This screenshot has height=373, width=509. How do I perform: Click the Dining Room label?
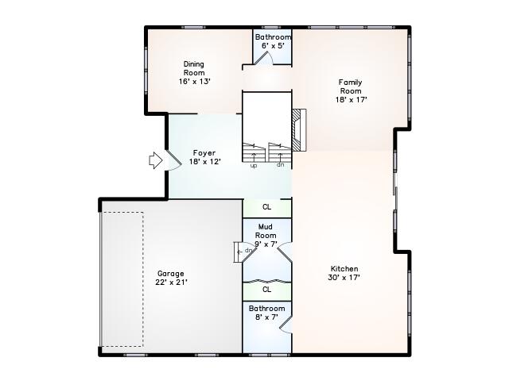pyautogui.click(x=194, y=68)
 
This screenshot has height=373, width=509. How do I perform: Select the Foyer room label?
pyautogui.click(x=204, y=152)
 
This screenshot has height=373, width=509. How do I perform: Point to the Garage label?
pyautogui.click(x=171, y=273)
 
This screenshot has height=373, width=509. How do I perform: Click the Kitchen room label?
pyautogui.click(x=344, y=269)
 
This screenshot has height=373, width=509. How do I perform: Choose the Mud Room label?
pyautogui.click(x=266, y=231)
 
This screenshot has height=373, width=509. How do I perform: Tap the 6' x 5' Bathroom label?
pyautogui.click(x=273, y=37)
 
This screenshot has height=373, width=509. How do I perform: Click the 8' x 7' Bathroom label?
pyautogui.click(x=266, y=308)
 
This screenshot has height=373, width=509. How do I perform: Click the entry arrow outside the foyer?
pyautogui.click(x=155, y=161)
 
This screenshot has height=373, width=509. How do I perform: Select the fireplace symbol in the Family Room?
pyautogui.click(x=297, y=131)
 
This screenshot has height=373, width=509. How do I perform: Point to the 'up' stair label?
pyautogui.click(x=254, y=166)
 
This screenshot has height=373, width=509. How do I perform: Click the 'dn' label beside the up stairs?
pyautogui.click(x=279, y=166)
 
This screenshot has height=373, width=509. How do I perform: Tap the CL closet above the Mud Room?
pyautogui.click(x=266, y=207)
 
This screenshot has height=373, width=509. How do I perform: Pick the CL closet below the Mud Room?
pyautogui.click(x=266, y=290)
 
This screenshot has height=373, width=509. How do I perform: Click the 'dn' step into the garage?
pyautogui.click(x=247, y=251)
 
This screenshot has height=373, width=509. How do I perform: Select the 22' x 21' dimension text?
pyautogui.click(x=171, y=282)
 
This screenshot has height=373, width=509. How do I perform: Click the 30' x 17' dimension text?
pyautogui.click(x=344, y=278)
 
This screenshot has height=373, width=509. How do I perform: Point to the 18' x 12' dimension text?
pyautogui.click(x=204, y=162)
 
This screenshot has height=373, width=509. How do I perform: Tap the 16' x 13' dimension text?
pyautogui.click(x=194, y=81)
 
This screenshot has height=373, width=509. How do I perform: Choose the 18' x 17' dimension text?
pyautogui.click(x=350, y=100)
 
